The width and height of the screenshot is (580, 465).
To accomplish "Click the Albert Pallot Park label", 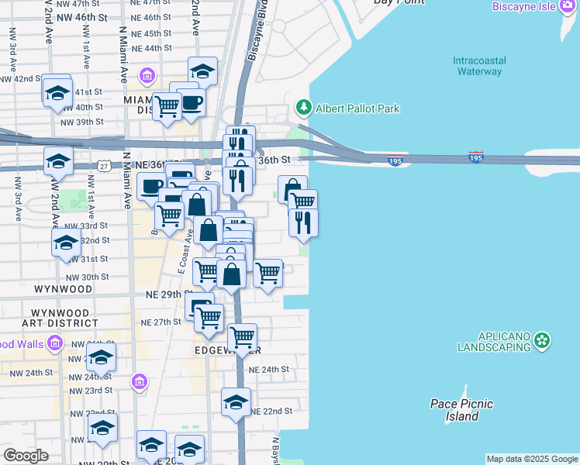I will tap(357, 108).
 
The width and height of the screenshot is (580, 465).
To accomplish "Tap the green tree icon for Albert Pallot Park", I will tap(304, 108).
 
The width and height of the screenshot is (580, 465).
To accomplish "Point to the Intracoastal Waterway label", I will tap(479, 66).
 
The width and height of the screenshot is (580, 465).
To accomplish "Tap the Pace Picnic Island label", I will tap(462, 410).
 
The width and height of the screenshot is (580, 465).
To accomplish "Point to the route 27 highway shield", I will tap(105, 166).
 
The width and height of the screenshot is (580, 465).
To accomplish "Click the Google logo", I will tap(26, 456).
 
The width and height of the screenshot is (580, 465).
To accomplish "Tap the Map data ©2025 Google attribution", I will tap(531, 459).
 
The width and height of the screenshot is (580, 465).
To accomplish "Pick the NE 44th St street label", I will tap(151, 48).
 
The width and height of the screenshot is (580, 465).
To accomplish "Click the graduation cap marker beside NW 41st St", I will tap(57, 93).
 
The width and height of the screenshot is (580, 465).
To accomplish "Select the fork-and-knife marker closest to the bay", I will tap(303, 222).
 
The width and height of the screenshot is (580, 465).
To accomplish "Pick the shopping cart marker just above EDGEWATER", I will tap(242, 336).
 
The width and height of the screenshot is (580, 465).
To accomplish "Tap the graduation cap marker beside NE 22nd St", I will tap(236, 401).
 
